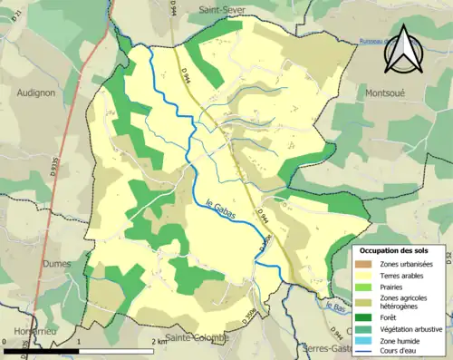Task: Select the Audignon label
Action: tap(36, 92)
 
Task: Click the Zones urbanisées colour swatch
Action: tap(365, 263)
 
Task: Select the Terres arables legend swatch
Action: tap(365, 275)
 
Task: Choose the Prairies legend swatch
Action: tap(365, 287)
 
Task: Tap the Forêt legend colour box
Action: tap(365, 317)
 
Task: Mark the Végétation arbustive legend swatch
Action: tap(365, 329)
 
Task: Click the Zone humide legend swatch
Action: tap(365, 341)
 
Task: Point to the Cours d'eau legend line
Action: tap(365, 353)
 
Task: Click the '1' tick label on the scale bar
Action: tap(79, 344)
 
